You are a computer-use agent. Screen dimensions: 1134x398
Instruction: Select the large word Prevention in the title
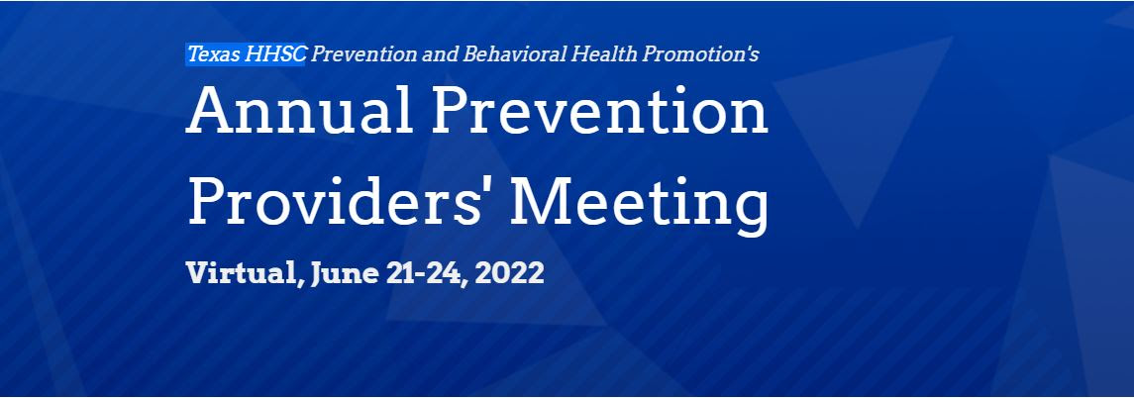(x=600, y=111)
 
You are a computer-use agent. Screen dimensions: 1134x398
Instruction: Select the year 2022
(x=509, y=274)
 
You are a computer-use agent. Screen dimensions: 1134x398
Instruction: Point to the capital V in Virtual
(x=200, y=273)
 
